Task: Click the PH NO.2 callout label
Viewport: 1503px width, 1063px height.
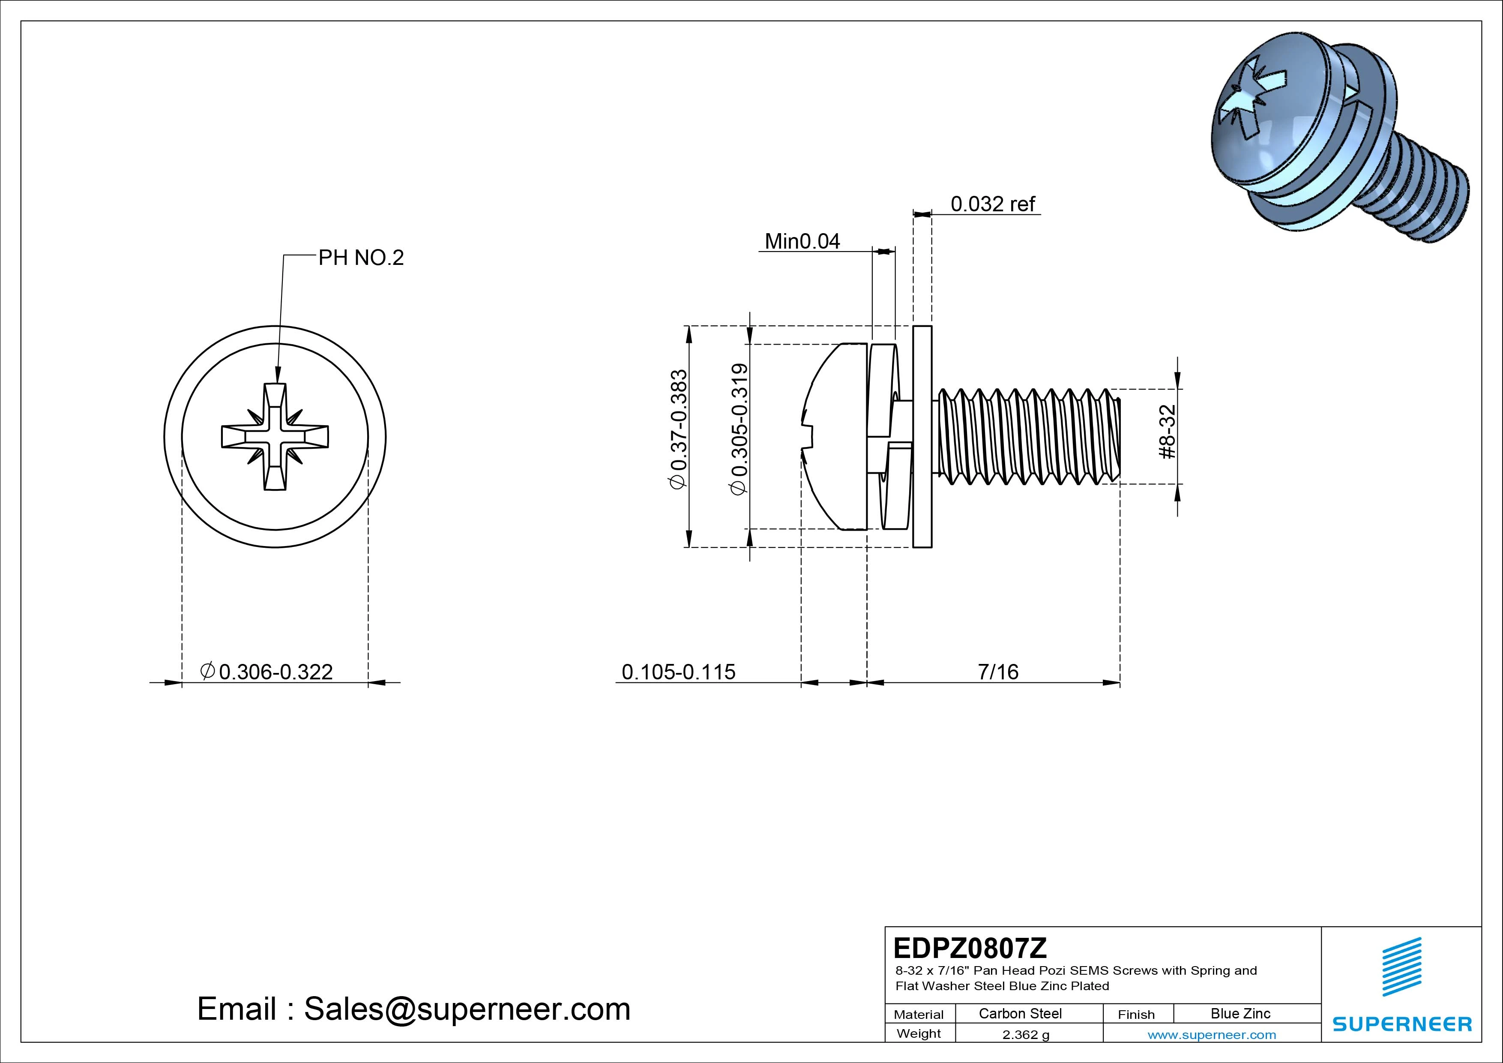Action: (x=361, y=258)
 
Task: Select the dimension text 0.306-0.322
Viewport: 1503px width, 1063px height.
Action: (x=275, y=672)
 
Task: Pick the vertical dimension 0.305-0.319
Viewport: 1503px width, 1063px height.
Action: (x=739, y=429)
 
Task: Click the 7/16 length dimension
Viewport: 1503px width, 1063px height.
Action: (x=998, y=672)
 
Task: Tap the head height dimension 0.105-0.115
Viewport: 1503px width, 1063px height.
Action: (x=678, y=672)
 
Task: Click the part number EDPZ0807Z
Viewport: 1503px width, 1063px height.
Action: (x=970, y=948)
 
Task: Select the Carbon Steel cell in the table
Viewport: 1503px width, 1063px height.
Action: (x=1020, y=1013)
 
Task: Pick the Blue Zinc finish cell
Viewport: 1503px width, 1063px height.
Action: (x=1240, y=1013)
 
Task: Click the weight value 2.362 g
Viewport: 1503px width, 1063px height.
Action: (x=1026, y=1035)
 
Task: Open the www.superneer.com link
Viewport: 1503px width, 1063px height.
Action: (x=1212, y=1035)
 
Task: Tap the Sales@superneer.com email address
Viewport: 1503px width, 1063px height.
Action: (x=467, y=1009)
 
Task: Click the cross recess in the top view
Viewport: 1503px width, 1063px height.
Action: (x=275, y=436)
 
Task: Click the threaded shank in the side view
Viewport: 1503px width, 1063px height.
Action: (x=1028, y=436)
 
